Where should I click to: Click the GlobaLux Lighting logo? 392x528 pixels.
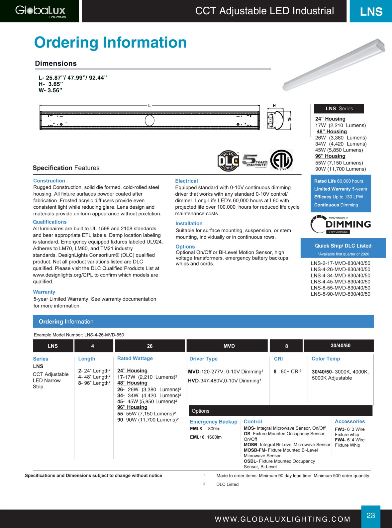[x=40, y=11]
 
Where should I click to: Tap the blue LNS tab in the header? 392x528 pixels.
[x=371, y=12]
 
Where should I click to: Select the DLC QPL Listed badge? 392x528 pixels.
[x=228, y=160]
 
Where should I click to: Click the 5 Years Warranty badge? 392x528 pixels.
[x=254, y=161]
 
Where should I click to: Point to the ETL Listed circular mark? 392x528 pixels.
[x=281, y=160]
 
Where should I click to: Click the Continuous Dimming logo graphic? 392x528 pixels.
[x=341, y=225]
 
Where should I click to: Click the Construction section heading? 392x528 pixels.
[x=49, y=181]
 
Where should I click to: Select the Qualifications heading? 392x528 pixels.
[x=50, y=222]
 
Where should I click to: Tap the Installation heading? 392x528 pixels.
[x=189, y=224]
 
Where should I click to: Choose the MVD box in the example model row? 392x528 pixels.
[x=229, y=346]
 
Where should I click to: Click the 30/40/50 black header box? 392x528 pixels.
[x=340, y=346]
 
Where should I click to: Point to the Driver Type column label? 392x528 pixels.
[x=203, y=359]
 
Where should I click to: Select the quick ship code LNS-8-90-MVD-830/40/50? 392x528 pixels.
[x=341, y=294]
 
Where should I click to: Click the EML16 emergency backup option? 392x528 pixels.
[x=197, y=437]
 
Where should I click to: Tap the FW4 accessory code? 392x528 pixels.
[x=340, y=440]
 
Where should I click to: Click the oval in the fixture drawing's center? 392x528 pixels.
[x=149, y=120]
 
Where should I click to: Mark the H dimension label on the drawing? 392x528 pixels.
[x=274, y=106]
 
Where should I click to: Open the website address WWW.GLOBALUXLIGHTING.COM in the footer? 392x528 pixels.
[x=283, y=519]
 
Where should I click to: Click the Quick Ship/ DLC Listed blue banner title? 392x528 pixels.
[x=343, y=246]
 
